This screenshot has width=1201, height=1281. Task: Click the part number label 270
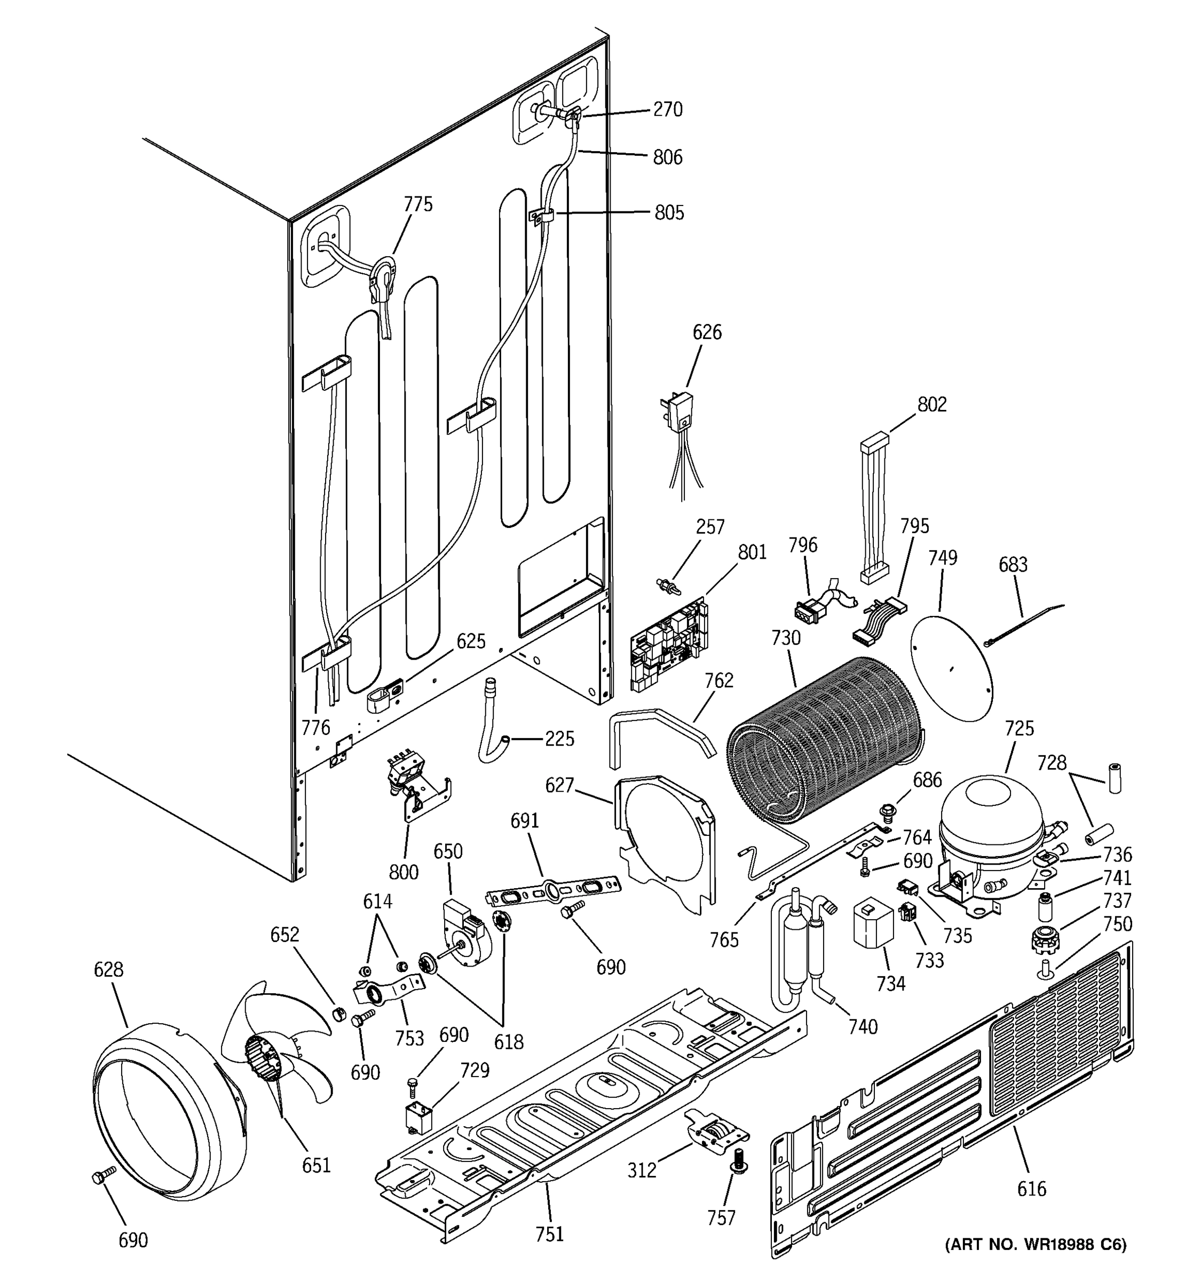(668, 109)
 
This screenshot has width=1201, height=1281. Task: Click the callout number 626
(707, 333)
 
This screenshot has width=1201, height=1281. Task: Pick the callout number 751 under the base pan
(549, 1233)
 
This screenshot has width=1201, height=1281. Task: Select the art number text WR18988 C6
(1036, 1263)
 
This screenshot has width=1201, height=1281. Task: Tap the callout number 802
(931, 405)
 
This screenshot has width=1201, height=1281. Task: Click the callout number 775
(418, 204)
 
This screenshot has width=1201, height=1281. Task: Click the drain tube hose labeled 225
(492, 725)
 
